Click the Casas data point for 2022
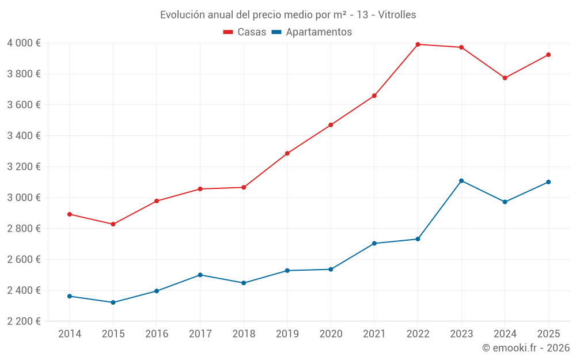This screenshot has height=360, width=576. (x=418, y=44)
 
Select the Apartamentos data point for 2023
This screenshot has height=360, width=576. (x=461, y=181)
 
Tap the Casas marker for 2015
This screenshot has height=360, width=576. (x=113, y=224)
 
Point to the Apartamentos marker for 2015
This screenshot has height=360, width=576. (x=113, y=302)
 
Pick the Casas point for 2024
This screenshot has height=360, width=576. (x=505, y=78)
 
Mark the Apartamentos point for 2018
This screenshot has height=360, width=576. (x=244, y=283)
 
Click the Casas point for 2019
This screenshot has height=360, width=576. (x=287, y=153)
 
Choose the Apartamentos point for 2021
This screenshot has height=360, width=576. (x=374, y=243)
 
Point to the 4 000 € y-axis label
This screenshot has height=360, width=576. (x=24, y=43)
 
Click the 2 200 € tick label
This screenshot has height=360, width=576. (x=24, y=321)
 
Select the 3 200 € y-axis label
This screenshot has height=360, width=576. (x=24, y=167)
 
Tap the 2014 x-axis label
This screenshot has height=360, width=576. (x=70, y=334)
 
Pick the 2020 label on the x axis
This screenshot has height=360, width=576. (x=331, y=334)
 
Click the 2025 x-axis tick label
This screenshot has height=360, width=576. (x=548, y=334)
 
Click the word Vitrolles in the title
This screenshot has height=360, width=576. (x=397, y=15)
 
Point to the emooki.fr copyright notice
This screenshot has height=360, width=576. (x=525, y=348)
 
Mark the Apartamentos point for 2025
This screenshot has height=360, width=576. (x=548, y=182)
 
